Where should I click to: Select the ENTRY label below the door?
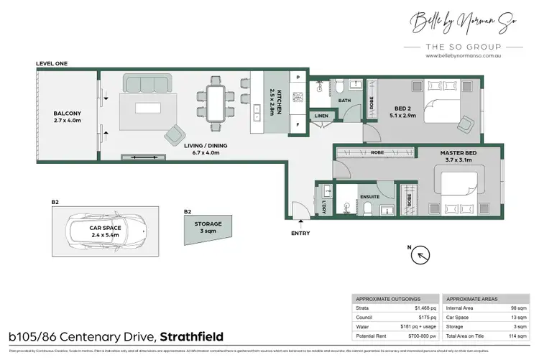(x=300, y=234)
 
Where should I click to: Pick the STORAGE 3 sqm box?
(x=208, y=228)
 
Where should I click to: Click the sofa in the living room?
(x=147, y=83)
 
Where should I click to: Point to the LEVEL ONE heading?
(x=52, y=64)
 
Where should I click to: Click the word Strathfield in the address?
(x=192, y=336)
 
